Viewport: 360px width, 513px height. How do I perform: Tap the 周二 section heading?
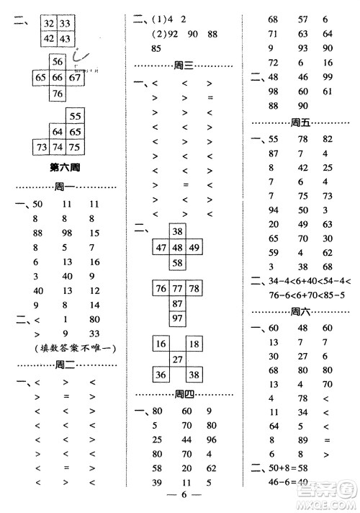coord(66,365)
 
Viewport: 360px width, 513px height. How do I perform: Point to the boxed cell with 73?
coord(42,147)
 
